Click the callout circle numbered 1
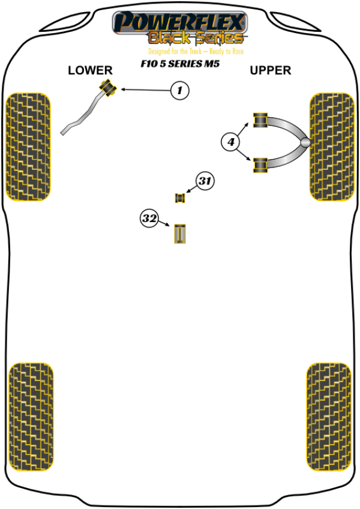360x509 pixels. [x=179, y=91]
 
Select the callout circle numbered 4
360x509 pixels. [x=230, y=142]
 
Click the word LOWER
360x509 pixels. [x=90, y=71]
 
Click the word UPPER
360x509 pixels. [x=270, y=71]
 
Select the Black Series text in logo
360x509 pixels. [x=196, y=38]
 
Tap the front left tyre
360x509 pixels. [x=28, y=146]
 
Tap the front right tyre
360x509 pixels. [x=330, y=146]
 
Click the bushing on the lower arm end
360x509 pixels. [x=108, y=86]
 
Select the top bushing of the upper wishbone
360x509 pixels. [x=260, y=120]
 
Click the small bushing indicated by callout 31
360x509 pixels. [x=179, y=197]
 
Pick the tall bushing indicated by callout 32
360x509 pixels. [x=180, y=233]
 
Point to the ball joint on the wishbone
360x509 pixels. [x=305, y=143]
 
